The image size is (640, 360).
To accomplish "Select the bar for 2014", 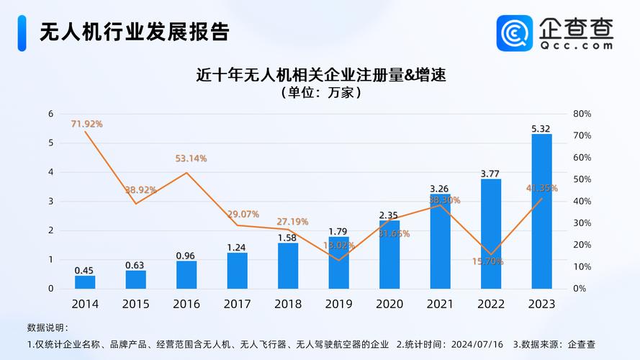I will click(85, 282).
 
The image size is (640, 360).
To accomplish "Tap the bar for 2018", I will click(288, 265).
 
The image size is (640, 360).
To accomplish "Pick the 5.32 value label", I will click(541, 129).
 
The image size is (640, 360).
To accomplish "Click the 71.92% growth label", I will click(86, 124).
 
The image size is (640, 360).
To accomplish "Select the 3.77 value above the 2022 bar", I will click(490, 173).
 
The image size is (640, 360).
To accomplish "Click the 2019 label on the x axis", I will click(338, 304).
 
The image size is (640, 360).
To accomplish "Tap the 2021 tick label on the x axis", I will click(440, 304).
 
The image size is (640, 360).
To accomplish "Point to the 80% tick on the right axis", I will click(582, 114).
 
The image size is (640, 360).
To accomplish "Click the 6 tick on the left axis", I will click(50, 114).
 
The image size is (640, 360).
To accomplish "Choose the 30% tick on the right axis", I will click(582, 223).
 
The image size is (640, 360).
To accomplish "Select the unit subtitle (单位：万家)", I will click(320, 93).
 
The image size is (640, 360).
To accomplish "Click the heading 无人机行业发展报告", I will click(133, 32).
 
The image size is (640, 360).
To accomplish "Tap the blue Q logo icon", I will click(514, 33).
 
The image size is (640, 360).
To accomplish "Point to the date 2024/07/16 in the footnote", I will click(477, 344).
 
